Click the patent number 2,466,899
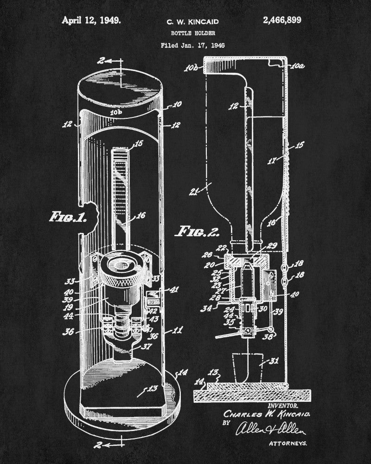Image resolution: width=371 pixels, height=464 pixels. point(285,20)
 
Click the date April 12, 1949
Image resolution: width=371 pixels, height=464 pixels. point(91,20)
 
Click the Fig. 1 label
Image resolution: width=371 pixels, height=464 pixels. point(68,217)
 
